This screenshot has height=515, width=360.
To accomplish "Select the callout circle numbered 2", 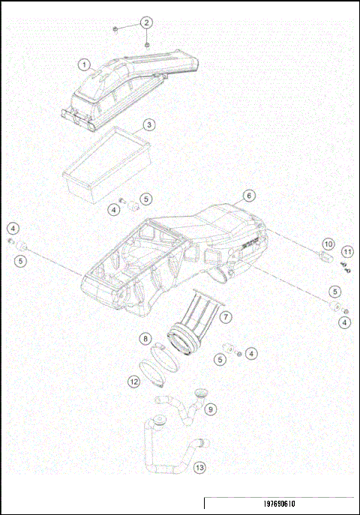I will pyautogui.click(x=146, y=23).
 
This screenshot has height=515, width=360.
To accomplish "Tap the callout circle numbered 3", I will pyautogui.click(x=149, y=124).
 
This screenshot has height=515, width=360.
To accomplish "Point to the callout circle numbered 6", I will pyautogui.click(x=247, y=196).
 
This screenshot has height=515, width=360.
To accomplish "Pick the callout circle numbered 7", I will pyautogui.click(x=226, y=318).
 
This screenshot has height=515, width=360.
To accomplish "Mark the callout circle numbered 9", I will pyautogui.click(x=211, y=409).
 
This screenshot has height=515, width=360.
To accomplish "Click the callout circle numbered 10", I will pyautogui.click(x=328, y=244).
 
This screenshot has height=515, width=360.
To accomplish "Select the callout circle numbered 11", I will pyautogui.click(x=346, y=251).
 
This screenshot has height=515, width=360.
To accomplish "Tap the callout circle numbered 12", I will pyautogui.click(x=133, y=382).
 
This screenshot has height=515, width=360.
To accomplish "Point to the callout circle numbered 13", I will pyautogui.click(x=199, y=468).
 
